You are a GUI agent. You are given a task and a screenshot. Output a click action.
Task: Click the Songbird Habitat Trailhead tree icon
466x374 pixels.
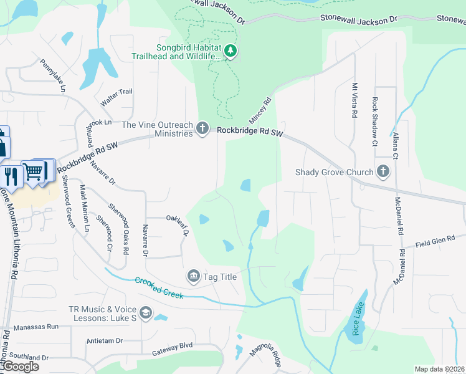231,50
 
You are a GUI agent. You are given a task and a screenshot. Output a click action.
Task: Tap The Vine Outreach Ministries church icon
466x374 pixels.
202,128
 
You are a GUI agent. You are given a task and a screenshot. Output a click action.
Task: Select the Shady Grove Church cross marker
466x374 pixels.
383,171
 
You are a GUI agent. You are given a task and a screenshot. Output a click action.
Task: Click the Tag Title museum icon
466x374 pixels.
193,276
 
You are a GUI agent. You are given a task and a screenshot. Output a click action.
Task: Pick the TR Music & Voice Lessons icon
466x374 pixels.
145,314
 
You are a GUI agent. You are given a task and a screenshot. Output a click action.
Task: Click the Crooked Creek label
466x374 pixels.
159,287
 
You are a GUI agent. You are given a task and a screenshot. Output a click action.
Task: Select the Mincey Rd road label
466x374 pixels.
264,109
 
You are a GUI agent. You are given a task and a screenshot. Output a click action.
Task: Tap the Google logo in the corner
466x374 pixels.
21,367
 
